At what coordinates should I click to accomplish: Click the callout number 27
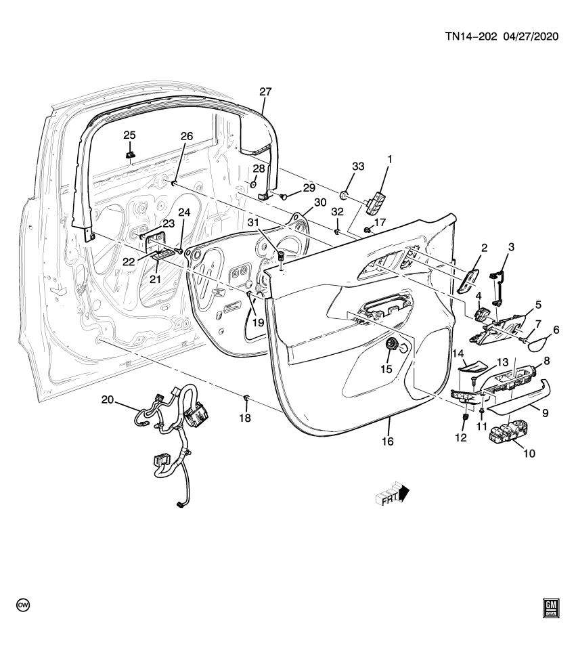point(265,92)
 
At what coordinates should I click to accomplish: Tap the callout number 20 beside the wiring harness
point(108,399)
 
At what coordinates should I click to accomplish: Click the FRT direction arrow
point(393,496)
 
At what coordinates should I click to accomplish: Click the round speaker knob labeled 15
point(391,345)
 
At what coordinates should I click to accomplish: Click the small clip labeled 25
point(129,156)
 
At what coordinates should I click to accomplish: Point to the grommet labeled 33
point(345,197)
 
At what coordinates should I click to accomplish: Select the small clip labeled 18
point(246,396)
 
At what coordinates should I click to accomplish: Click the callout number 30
point(320,202)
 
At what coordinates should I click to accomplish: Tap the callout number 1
point(389,160)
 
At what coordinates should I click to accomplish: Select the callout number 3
point(511,247)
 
